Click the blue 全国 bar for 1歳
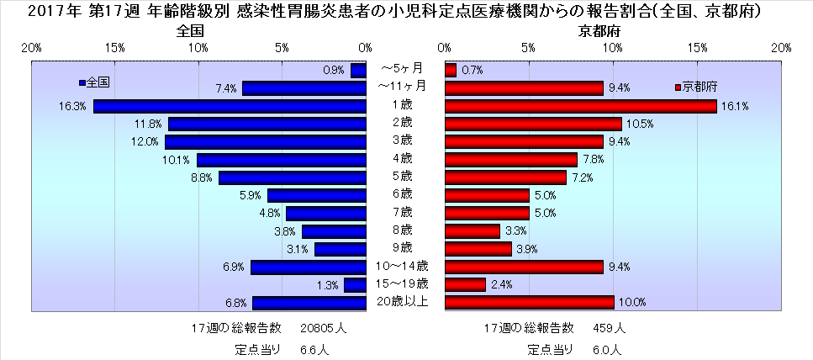[x=230, y=106]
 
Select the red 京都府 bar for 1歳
[x=580, y=106]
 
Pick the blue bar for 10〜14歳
[x=309, y=267]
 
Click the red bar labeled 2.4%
[x=465, y=285]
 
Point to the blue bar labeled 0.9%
[x=359, y=70]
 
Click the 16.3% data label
[x=73, y=107]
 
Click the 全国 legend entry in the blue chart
[x=95, y=82]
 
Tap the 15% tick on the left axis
[x=115, y=47]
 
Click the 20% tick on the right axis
[x=781, y=47]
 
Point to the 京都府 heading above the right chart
[x=594, y=31]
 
